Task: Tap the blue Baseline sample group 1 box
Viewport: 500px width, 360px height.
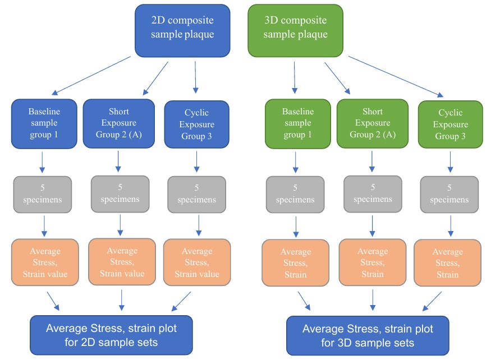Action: pos(44,124)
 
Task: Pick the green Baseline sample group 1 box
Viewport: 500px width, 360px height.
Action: pos(297,124)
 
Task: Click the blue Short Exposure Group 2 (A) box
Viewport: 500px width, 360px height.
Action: pos(118,123)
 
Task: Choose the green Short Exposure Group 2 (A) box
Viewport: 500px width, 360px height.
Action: pos(371,123)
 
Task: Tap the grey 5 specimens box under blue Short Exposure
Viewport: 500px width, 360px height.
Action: pos(120,194)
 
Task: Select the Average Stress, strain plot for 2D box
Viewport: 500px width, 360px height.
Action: pos(111,334)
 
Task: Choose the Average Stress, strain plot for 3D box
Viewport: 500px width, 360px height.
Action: pos(367,334)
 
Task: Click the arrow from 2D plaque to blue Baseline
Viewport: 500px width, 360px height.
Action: pos(93,75)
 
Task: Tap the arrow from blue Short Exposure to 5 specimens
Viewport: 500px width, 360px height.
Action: pos(118,161)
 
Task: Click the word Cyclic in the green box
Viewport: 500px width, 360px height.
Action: pos(449,113)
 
